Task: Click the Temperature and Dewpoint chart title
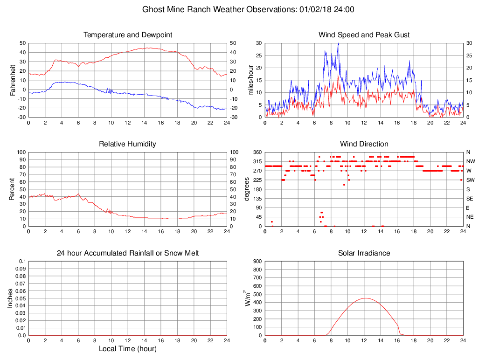point(127,35)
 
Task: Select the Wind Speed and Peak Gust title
point(364,35)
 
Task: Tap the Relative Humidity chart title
point(127,144)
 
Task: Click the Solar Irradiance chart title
point(364,253)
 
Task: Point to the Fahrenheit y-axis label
point(13,80)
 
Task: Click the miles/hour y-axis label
point(250,80)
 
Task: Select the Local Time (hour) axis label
point(127,349)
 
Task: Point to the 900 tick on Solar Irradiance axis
point(257,262)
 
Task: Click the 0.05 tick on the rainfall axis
point(21,298)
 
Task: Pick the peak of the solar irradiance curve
point(365,298)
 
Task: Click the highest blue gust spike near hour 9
point(339,43)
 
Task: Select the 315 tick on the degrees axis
point(256,161)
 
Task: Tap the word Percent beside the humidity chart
point(13,189)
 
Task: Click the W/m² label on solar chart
point(249,298)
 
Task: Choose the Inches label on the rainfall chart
point(10,298)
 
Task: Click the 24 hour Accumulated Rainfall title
point(127,253)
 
